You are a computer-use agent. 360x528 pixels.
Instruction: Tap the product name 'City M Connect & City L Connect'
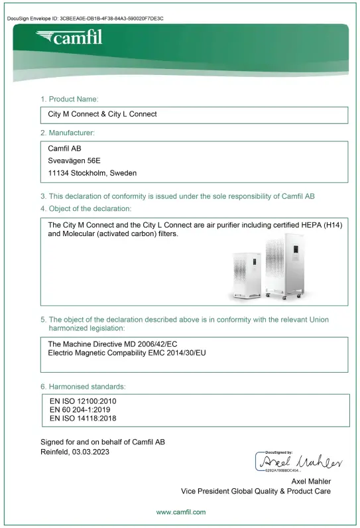[x=102, y=114]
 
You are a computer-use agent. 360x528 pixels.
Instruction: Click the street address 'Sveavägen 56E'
[x=74, y=161]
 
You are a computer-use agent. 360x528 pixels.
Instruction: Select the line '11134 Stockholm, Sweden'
[x=92, y=173]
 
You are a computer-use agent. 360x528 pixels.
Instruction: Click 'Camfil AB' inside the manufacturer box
[x=65, y=148]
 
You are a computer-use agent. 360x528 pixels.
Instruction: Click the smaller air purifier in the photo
[x=246, y=277]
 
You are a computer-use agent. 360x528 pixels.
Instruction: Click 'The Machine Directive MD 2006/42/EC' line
[x=113, y=344]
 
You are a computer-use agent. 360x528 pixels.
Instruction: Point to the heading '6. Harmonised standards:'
[x=83, y=386]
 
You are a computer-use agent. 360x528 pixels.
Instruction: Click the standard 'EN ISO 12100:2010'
[x=83, y=401]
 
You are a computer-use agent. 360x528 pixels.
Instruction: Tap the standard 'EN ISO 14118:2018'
[x=83, y=419]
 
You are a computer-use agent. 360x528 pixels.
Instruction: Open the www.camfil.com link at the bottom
[x=181, y=512]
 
